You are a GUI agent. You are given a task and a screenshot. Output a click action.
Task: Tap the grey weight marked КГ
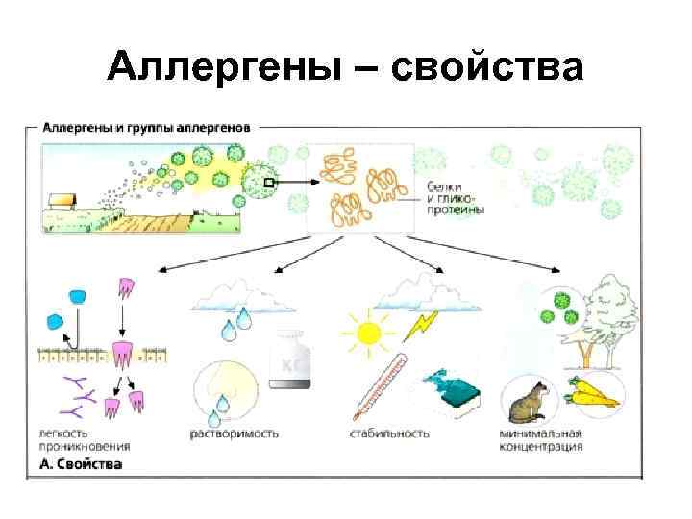(291, 362)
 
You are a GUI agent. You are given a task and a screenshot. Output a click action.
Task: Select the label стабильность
(389, 433)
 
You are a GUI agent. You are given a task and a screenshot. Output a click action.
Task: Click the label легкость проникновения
(86, 439)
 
